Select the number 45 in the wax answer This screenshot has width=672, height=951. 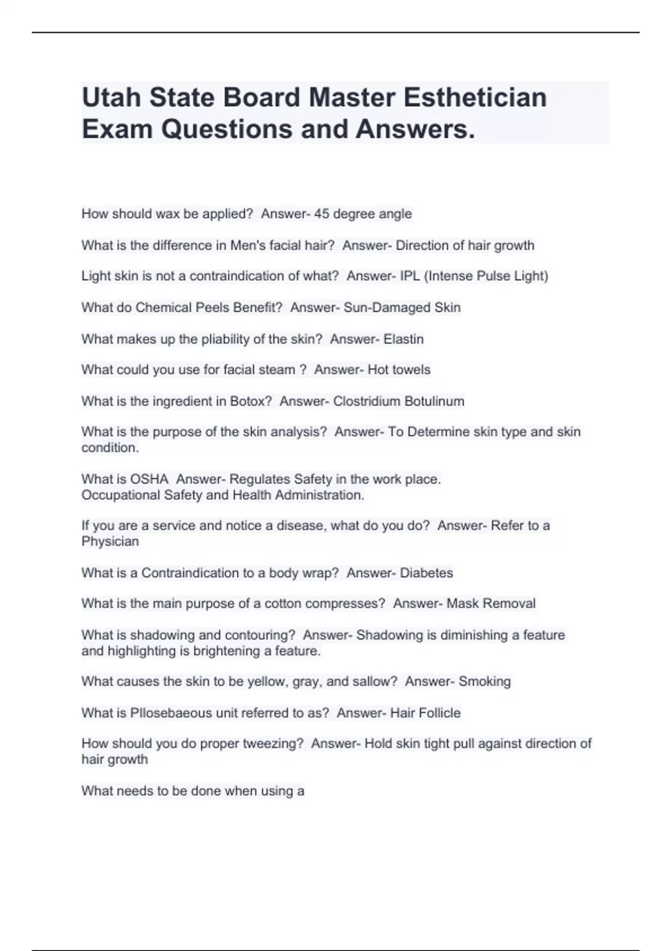[321, 214]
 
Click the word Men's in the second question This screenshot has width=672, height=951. [246, 245]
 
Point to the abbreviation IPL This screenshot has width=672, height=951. [409, 276]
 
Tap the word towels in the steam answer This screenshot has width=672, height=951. [412, 370]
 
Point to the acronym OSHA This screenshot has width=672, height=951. [149, 479]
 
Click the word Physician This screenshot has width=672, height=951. [110, 542]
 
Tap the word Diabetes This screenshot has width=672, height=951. [426, 573]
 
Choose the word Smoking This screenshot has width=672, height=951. [484, 681]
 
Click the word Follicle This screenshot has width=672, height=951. [440, 713]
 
